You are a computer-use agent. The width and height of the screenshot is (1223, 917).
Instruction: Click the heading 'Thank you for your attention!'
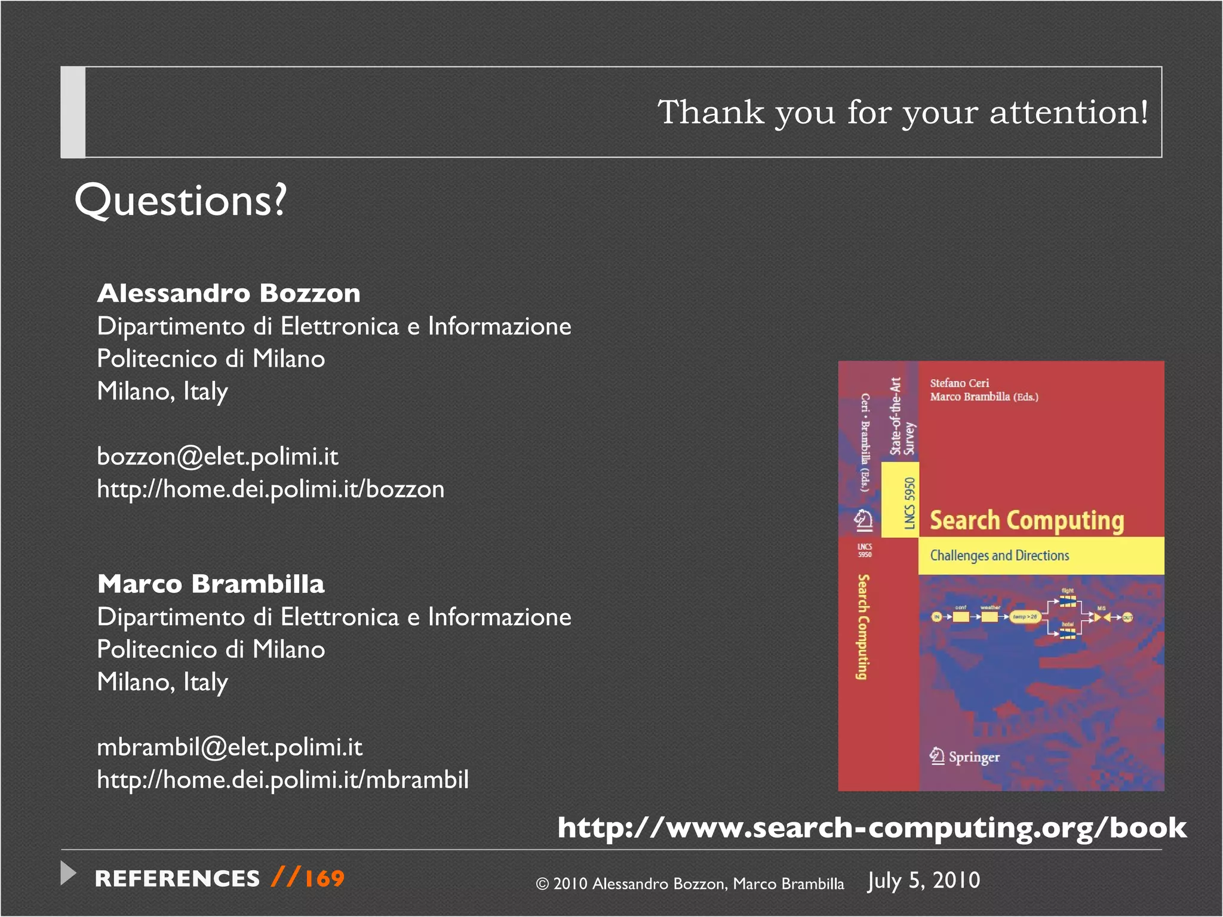[x=902, y=112]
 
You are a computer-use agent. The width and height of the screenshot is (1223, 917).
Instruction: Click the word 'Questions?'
[x=180, y=201]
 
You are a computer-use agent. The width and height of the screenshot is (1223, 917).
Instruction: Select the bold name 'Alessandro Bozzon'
[x=229, y=293]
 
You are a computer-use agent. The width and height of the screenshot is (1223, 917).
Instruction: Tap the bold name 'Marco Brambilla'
[x=211, y=584]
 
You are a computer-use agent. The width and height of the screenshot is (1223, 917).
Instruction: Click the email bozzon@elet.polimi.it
[x=217, y=457]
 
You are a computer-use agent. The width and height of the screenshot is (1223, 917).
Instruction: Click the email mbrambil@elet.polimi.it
[x=229, y=747]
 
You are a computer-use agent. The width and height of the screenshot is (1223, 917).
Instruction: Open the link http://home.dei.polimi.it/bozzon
[x=271, y=490]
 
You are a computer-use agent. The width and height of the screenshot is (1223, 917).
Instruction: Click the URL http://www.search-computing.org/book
[x=872, y=828]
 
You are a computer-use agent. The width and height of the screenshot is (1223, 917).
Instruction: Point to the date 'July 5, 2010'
[x=924, y=881]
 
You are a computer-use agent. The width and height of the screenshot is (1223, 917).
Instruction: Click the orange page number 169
[x=324, y=879]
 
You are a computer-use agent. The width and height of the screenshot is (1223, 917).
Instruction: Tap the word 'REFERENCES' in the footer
[x=177, y=879]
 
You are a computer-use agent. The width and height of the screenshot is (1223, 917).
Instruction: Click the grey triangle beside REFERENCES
[x=69, y=873]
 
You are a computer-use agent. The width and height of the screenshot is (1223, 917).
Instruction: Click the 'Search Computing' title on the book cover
[x=1027, y=521]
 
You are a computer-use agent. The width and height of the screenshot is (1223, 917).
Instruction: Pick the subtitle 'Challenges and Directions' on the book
[x=999, y=556]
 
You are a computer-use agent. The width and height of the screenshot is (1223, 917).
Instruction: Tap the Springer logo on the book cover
[x=964, y=756]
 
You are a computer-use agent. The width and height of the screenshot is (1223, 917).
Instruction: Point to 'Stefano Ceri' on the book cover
[x=959, y=383]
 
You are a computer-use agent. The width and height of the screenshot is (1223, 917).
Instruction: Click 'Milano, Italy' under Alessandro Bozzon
[x=162, y=392]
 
